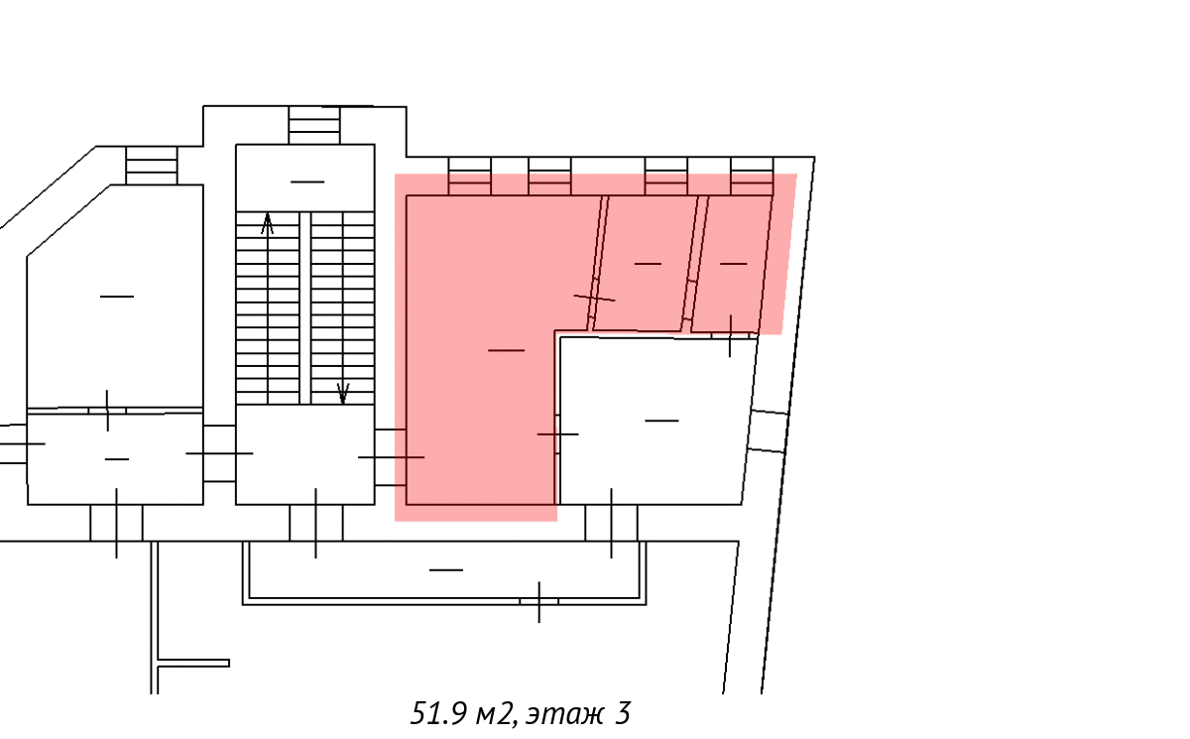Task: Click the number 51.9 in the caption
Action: [438, 713]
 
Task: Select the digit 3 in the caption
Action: [623, 713]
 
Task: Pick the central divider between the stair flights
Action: [305, 308]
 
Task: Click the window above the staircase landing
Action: [314, 125]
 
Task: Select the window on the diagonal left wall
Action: [152, 166]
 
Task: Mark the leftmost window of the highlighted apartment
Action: [470, 177]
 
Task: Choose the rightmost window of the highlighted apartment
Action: [752, 177]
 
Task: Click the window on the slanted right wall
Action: [768, 431]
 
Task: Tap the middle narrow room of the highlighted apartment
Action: [646, 264]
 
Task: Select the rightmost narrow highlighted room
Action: [732, 264]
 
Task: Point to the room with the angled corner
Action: [115, 297]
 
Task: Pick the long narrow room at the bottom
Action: [444, 570]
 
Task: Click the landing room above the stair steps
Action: [305, 178]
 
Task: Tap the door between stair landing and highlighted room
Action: [391, 457]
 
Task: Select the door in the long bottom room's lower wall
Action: [539, 602]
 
